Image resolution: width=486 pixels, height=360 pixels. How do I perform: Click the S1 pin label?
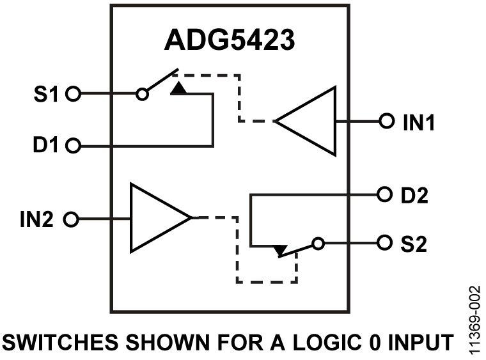point(45,95)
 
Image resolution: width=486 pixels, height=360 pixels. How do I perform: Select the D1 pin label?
point(45,146)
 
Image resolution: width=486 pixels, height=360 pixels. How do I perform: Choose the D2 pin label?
point(412,194)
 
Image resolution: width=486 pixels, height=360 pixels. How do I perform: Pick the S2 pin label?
point(412,244)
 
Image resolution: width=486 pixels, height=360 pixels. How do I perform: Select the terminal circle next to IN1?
point(386,120)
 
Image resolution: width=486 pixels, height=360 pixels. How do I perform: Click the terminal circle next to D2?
point(384,193)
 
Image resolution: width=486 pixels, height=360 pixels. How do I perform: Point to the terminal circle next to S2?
point(384,243)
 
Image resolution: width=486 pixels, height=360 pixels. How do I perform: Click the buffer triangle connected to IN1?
point(311,121)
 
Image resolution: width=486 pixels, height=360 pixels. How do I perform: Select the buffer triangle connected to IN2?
point(157,219)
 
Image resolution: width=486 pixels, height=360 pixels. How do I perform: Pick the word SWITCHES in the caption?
point(61,343)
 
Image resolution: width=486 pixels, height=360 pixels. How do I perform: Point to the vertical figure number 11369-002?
point(473,320)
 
